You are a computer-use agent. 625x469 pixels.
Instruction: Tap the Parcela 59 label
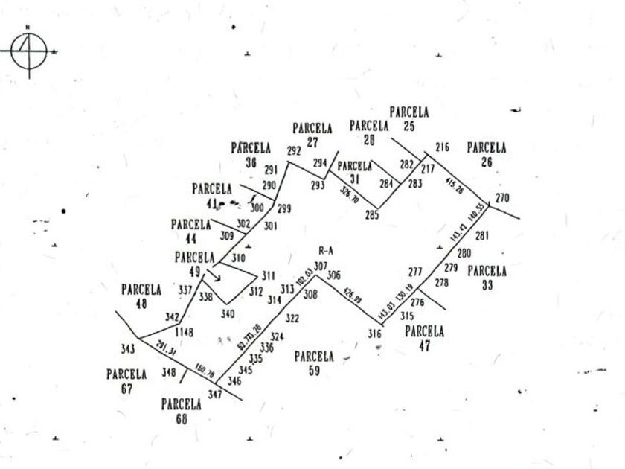(x=313, y=362)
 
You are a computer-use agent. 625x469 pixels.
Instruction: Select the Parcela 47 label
(x=424, y=337)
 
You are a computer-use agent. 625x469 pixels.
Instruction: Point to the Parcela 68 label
(x=182, y=411)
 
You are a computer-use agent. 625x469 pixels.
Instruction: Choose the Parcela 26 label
(x=487, y=154)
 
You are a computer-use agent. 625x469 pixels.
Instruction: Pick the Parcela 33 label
(x=487, y=277)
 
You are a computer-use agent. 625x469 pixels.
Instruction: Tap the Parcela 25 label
(x=409, y=118)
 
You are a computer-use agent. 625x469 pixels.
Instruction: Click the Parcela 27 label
(x=312, y=134)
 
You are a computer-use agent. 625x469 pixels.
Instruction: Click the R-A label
(x=324, y=252)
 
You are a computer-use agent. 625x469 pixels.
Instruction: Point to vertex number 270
(x=503, y=198)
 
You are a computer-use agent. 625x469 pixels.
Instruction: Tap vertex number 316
(x=374, y=334)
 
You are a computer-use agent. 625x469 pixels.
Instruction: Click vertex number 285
(x=372, y=216)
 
